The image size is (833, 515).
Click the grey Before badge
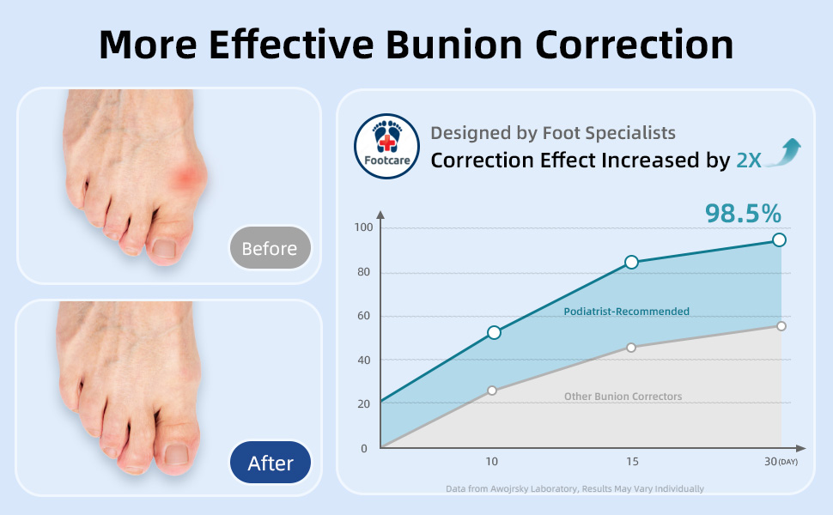click(x=270, y=248)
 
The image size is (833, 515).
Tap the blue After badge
click(x=270, y=463)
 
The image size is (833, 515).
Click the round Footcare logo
click(x=386, y=146)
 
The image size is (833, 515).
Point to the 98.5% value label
click(x=743, y=214)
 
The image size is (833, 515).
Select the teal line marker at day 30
click(x=780, y=240)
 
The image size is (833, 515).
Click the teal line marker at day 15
click(x=632, y=262)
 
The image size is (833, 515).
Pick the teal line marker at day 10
click(x=494, y=332)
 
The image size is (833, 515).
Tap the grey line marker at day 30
click(x=781, y=326)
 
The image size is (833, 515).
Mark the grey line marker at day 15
click(x=631, y=348)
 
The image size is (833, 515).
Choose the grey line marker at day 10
click(x=492, y=391)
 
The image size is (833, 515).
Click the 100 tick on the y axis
click(x=363, y=227)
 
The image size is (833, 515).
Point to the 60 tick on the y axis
click(x=364, y=316)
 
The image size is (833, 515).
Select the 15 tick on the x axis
click(x=632, y=462)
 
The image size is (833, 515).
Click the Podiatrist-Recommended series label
click(x=626, y=312)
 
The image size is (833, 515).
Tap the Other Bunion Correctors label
click(x=623, y=397)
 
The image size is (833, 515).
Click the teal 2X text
click(x=749, y=161)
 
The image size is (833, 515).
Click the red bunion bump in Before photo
click(x=188, y=176)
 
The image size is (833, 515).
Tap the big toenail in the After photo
click(x=176, y=454)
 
